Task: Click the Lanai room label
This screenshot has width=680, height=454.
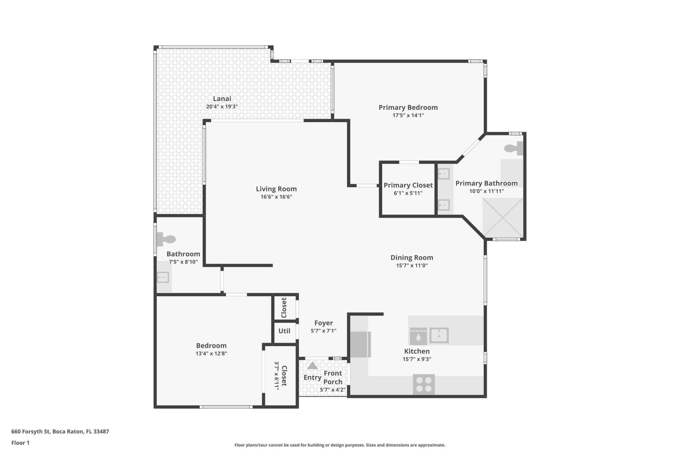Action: [222, 99]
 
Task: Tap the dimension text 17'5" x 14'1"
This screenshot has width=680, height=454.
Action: [408, 115]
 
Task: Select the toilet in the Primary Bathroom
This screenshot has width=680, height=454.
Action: [514, 148]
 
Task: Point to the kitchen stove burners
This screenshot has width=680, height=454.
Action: [424, 384]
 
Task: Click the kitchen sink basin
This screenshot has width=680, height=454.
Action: [439, 335]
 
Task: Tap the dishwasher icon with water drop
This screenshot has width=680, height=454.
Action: [418, 337]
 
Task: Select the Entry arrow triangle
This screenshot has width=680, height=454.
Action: [312, 365]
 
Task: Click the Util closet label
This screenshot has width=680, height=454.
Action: [284, 331]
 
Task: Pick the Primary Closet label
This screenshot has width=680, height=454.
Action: [408, 185]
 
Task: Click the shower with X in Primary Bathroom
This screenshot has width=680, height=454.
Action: [503, 217]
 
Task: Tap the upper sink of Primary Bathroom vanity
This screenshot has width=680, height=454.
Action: [443, 174]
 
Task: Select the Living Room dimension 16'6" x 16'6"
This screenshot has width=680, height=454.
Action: [276, 197]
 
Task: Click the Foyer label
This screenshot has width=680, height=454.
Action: [323, 323]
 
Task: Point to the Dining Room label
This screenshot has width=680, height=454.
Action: [412, 258]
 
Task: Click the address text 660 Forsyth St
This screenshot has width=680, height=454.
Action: [60, 432]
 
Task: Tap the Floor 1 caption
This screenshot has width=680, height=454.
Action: [20, 443]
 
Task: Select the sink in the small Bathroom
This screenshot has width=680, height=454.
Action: [163, 277]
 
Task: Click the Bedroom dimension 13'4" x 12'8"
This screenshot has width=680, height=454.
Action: [211, 354]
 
